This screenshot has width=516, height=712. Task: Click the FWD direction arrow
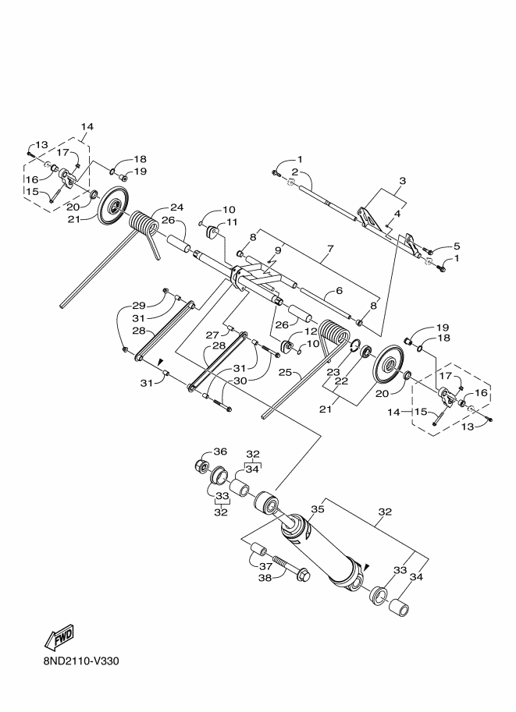(59, 636)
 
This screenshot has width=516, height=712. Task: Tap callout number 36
(220, 452)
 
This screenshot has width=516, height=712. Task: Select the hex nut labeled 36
(201, 466)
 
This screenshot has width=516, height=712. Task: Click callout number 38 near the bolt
(265, 578)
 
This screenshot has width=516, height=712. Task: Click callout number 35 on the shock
(318, 509)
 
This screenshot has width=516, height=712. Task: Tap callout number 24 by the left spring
(177, 207)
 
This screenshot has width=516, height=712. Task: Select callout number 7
(330, 249)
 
